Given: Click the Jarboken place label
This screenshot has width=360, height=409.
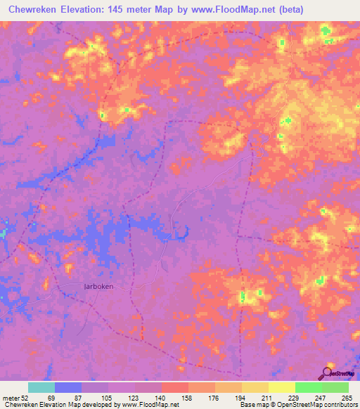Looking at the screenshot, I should point(98,287).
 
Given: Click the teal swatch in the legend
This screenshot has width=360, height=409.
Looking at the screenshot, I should point(41,388).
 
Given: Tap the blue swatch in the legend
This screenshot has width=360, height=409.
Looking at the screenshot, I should point(67,388).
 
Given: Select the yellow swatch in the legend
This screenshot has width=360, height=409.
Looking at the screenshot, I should point(281,388).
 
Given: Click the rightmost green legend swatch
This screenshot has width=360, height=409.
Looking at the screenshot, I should point(335,388).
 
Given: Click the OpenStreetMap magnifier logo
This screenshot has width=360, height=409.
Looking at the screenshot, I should point(326,372).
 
